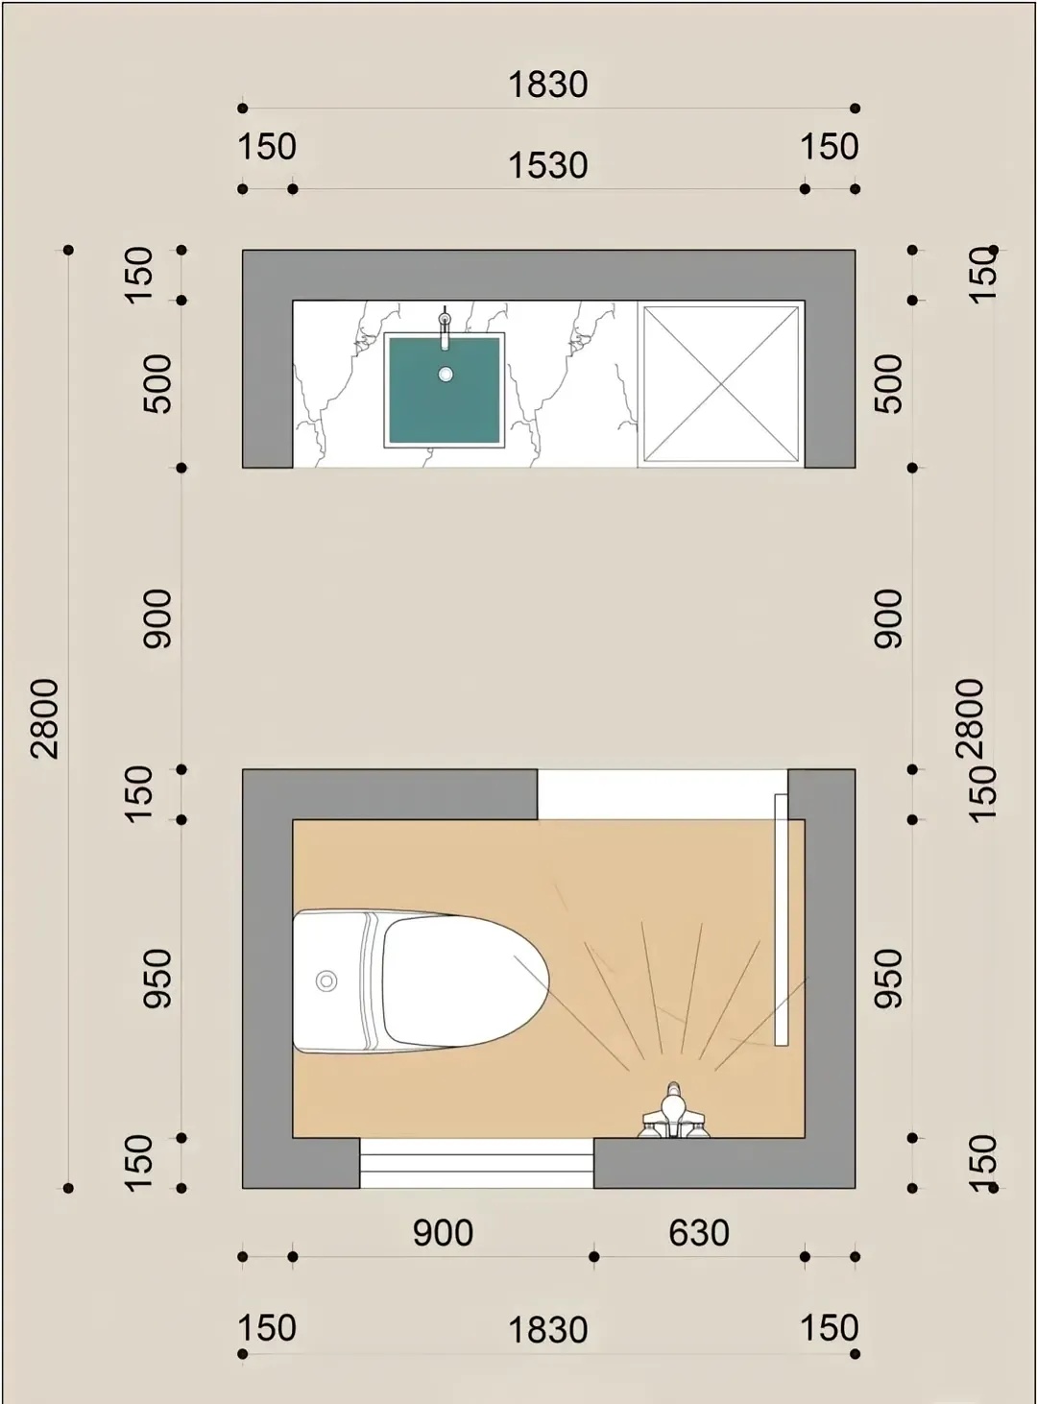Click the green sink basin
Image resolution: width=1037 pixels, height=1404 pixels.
coord(444,389)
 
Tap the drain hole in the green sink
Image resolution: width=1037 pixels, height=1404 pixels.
coord(446,375)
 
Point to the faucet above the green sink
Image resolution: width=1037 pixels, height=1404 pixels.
coord(446,328)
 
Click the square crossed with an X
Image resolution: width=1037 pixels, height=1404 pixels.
coord(721,384)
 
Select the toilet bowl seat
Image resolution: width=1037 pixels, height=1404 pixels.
coord(466,980)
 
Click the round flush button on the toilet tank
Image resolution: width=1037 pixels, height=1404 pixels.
coord(326,981)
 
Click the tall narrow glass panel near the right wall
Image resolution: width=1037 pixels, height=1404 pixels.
coord(782,919)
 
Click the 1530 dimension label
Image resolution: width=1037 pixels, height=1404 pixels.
coord(548,166)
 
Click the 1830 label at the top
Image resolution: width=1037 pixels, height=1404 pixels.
coord(548,85)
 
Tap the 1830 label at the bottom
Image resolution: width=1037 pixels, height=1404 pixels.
coord(548,1330)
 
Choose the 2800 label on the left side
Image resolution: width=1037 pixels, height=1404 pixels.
coord(45,718)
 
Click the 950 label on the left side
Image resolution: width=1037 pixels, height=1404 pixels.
coord(157,978)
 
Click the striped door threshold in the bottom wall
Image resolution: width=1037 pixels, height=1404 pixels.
coord(476,1162)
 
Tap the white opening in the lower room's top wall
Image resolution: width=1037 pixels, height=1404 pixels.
coord(663,794)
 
